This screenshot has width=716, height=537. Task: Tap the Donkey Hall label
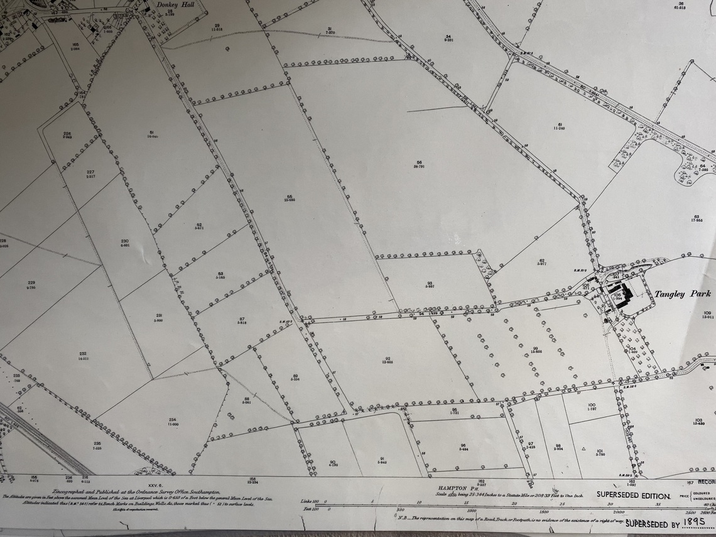pyautogui.click(x=175, y=4)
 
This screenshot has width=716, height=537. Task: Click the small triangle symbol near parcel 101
pyautogui.click(x=584, y=448)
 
